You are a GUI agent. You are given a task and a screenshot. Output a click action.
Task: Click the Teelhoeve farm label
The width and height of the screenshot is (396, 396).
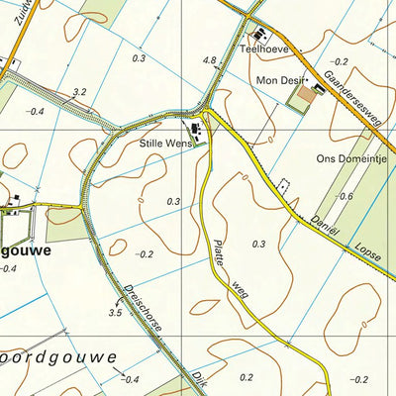click(262, 49)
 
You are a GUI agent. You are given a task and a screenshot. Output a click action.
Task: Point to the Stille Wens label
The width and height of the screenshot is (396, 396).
click(164, 144)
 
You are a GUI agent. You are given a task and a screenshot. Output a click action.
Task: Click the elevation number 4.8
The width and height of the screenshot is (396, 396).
click(209, 61)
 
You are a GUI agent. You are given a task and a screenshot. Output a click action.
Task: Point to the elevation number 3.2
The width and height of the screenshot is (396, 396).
click(80, 92)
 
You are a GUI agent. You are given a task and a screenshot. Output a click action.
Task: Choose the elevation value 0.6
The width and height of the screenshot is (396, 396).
click(346, 196)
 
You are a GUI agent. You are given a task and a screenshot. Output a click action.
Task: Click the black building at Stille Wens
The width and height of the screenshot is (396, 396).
click(195, 130)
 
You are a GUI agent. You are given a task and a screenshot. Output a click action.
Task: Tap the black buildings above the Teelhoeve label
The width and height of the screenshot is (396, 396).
click(255, 31)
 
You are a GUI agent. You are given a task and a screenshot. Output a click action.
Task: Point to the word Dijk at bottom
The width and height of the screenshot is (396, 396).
click(175, 381)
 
